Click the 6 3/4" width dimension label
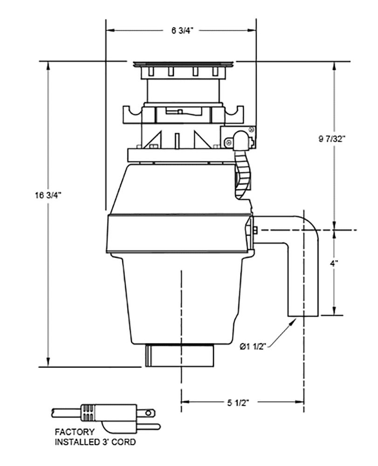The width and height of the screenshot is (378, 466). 182,31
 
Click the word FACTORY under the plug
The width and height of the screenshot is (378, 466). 75,432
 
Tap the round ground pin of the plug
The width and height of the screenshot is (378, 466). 149,412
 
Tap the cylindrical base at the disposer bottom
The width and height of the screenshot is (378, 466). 180,356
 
